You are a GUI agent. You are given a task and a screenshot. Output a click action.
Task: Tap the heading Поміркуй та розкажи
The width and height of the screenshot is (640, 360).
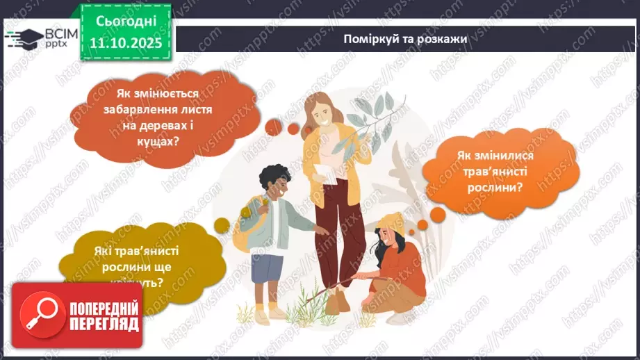pos(405,39)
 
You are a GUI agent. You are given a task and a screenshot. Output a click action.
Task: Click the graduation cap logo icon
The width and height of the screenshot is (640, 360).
pos(26,37)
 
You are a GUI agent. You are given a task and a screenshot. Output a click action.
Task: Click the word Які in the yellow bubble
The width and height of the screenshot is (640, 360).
pos(106,253)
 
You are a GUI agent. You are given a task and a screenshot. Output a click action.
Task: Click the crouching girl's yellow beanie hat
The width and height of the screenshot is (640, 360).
pos(393,221)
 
